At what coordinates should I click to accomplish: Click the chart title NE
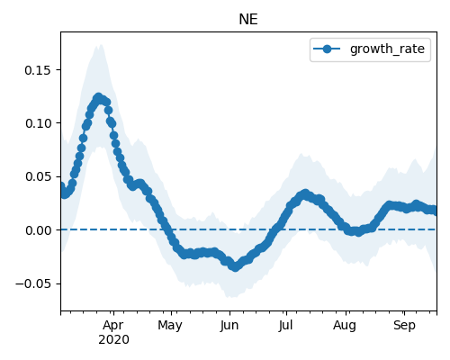[248, 20]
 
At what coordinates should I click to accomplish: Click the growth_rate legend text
[387, 49]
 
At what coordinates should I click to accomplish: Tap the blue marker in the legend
[327, 49]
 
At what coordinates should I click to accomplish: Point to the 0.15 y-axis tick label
[38, 70]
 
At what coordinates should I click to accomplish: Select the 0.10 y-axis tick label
[38, 123]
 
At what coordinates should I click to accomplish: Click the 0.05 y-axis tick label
[38, 176]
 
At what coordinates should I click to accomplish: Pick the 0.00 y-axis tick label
[38, 230]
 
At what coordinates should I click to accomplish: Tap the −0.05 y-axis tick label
[33, 283]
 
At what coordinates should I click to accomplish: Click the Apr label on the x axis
[113, 326]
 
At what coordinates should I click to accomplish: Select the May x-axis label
[170, 326]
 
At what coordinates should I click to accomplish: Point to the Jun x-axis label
[229, 326]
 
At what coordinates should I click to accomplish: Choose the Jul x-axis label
[285, 326]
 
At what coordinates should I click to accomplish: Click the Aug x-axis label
[345, 326]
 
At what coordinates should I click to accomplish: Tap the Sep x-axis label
[404, 326]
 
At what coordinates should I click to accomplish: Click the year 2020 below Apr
[113, 339]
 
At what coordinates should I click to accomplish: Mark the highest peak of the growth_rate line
[98, 97]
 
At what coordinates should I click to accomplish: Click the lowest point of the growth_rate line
[236, 266]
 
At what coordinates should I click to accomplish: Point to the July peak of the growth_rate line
[305, 193]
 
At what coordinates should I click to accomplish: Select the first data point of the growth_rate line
[61, 186]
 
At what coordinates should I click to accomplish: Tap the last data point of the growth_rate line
[435, 211]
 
